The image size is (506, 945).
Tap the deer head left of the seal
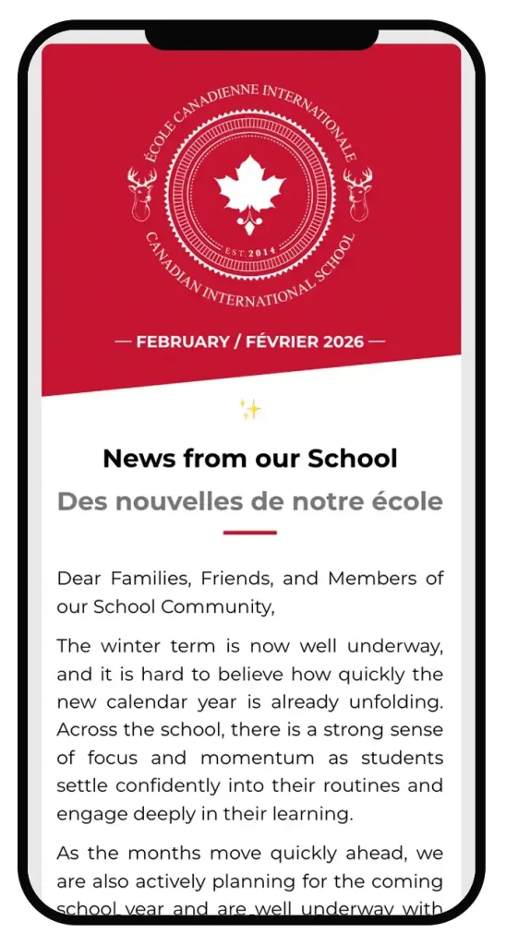click(141, 193)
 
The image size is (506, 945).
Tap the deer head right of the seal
click(358, 193)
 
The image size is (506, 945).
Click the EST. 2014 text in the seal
click(250, 251)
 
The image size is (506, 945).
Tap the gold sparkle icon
click(249, 409)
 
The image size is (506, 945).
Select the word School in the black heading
click(352, 458)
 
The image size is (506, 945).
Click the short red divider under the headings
click(249, 532)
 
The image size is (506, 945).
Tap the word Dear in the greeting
click(79, 579)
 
